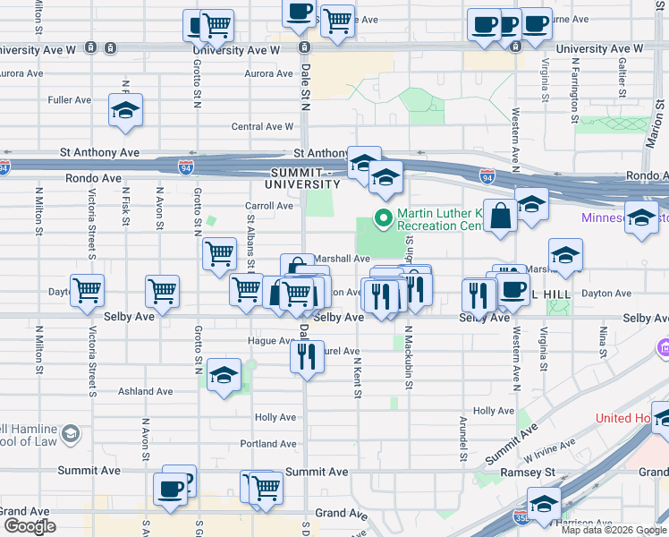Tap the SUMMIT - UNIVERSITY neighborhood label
302,177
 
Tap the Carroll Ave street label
269,206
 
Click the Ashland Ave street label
145,392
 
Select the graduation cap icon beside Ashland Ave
224,376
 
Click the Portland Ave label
268,444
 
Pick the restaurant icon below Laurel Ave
307,357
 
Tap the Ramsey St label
534,472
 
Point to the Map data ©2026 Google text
613,530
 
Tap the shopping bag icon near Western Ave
501,217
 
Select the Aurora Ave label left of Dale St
21,73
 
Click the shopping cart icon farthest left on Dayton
88,290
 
